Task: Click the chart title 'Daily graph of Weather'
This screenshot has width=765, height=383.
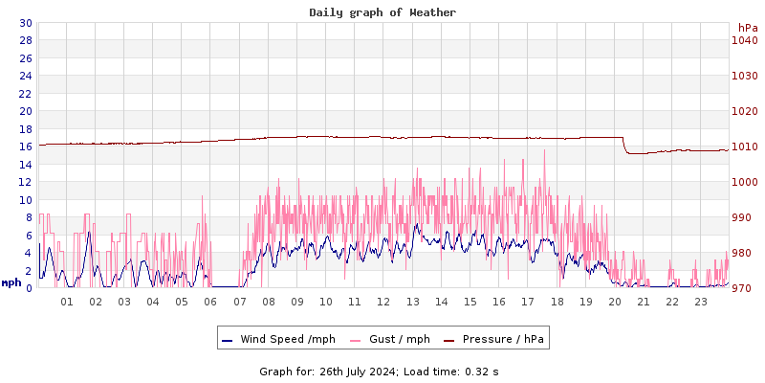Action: (382, 12)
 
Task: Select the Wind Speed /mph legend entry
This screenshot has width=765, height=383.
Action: (277, 339)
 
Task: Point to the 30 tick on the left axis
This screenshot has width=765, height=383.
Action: (25, 23)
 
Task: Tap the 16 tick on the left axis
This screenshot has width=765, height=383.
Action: (25, 146)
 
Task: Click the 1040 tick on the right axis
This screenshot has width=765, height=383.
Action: (745, 40)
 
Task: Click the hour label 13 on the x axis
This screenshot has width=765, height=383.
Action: (413, 302)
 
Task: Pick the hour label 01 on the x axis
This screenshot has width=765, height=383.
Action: (67, 302)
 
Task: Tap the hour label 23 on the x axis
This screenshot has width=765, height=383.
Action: (701, 302)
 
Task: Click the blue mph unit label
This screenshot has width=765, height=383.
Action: (11, 282)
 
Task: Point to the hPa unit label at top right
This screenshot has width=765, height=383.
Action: (747, 28)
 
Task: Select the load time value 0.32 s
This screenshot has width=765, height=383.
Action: (481, 371)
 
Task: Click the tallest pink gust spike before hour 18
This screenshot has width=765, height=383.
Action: (544, 150)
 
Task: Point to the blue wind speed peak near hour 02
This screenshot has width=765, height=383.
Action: (89, 232)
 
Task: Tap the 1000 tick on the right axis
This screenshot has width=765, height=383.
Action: (745, 182)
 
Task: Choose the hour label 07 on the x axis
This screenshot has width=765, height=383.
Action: (240, 302)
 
